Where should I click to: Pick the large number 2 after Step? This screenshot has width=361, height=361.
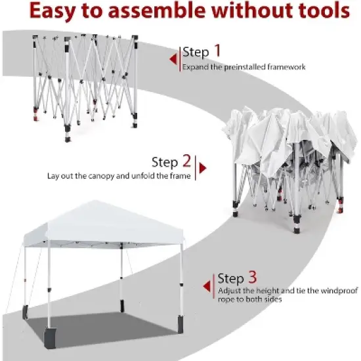[186, 161]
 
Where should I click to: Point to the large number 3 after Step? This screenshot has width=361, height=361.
[253, 278]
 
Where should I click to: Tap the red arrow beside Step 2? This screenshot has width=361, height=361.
[202, 168]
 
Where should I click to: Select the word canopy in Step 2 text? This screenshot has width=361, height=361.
[110, 176]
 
